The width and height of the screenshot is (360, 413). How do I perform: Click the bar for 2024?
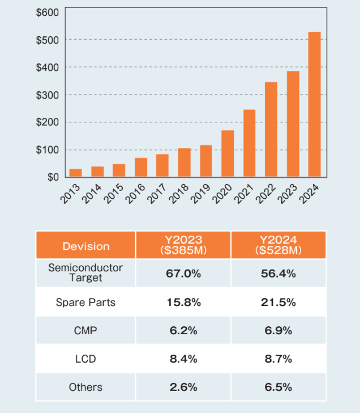point(314,104)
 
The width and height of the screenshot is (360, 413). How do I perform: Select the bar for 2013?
point(75,173)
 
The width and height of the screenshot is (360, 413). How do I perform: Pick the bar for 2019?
point(205,161)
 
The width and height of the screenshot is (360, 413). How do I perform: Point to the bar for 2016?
point(141,167)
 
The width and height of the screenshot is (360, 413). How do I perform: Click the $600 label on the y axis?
point(47,12)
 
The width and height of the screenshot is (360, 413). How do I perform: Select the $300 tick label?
point(47,95)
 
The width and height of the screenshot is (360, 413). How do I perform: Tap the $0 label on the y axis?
point(52,177)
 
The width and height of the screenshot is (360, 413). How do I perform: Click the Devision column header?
point(86,246)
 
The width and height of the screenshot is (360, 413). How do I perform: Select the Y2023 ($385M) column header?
point(183,245)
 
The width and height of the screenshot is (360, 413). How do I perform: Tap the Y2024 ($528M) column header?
point(278,245)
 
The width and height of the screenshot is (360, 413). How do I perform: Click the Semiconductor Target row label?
point(85,273)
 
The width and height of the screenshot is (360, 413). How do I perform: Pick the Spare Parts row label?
point(85,302)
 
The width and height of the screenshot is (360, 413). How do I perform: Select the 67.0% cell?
point(183,274)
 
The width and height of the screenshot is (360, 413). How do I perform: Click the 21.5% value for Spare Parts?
point(278,302)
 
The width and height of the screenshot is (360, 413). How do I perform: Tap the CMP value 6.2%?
point(183,330)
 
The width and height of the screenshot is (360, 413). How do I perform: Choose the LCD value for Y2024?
point(278,359)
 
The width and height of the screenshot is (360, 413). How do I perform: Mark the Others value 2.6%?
point(183,388)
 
